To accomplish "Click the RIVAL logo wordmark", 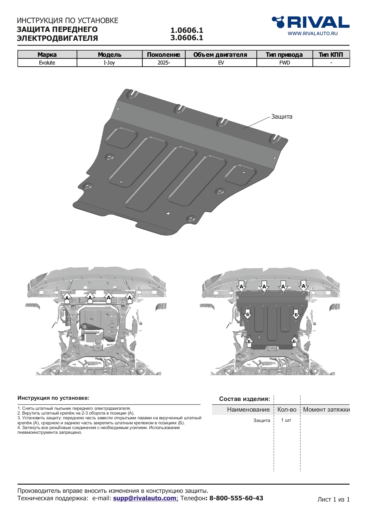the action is tap(311, 22).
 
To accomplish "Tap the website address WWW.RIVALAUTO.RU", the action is tap(313, 33).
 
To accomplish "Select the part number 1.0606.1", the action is tap(187, 30).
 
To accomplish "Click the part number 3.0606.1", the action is tap(187, 38).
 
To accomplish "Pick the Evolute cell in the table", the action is tap(47, 63).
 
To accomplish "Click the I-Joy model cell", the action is tap(109, 63).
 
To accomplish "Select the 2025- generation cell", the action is tap(164, 63).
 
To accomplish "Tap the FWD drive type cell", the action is tap(284, 63).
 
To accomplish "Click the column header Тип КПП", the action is tap(331, 54).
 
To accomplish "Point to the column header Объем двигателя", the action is tap(220, 54).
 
